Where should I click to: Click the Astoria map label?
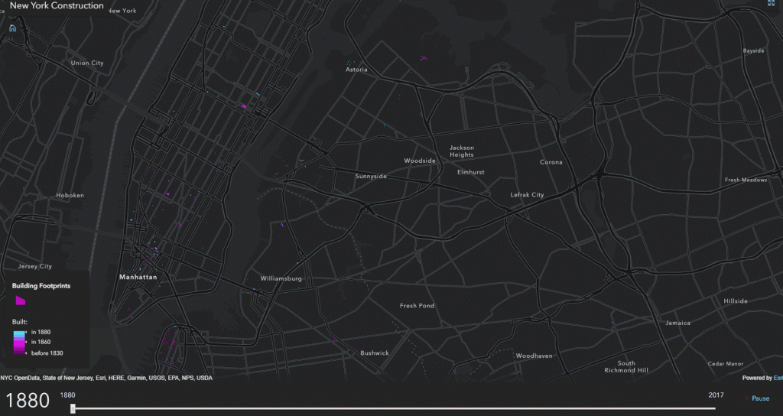pyautogui.click(x=356, y=70)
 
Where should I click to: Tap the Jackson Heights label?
pyautogui.click(x=462, y=151)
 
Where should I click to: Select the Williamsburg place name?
pyautogui.click(x=281, y=278)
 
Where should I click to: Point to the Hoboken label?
pyautogui.click(x=70, y=195)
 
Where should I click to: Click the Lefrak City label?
pyautogui.click(x=527, y=195)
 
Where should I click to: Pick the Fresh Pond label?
pyautogui.click(x=417, y=306)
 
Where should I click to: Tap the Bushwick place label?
pyautogui.click(x=375, y=353)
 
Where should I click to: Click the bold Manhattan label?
pyautogui.click(x=138, y=278)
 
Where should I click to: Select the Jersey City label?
pyautogui.click(x=34, y=267)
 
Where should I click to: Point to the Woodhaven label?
pyautogui.click(x=534, y=356)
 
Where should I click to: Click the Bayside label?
pyautogui.click(x=753, y=51)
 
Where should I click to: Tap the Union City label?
pyautogui.click(x=86, y=63)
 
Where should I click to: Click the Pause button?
pyautogui.click(x=760, y=398)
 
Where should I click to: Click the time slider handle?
pyautogui.click(x=73, y=408)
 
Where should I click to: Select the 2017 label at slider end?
pyautogui.click(x=716, y=395)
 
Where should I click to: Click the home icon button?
pyautogui.click(x=12, y=28)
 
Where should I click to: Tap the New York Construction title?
pyautogui.click(x=57, y=6)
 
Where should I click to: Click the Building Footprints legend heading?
pyautogui.click(x=41, y=285)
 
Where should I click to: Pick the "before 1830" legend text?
pyautogui.click(x=47, y=353)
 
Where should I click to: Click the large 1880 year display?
pyautogui.click(x=28, y=400)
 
